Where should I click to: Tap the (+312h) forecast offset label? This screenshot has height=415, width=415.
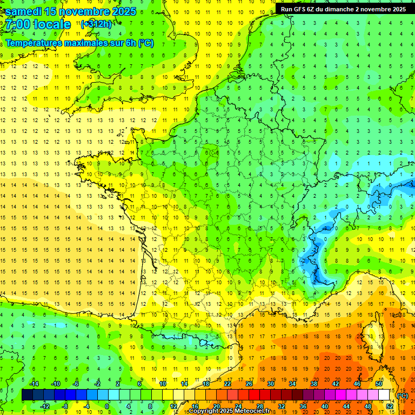(x=96, y=24)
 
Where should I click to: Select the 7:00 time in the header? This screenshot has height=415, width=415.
(x=17, y=24)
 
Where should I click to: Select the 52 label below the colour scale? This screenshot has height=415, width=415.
(x=390, y=406)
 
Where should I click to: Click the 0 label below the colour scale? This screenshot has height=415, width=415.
(x=107, y=406)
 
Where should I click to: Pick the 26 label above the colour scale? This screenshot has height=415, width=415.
(x=249, y=383)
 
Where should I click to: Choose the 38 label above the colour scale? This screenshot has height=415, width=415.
(x=314, y=383)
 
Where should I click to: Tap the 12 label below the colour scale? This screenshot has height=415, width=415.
(x=173, y=406)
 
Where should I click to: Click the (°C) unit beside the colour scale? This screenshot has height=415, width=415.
(x=403, y=395)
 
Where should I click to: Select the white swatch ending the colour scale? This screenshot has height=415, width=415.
(x=384, y=395)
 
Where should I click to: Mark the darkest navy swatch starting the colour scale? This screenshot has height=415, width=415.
(x=27, y=395)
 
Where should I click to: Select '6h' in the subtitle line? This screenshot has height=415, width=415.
(x=130, y=43)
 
